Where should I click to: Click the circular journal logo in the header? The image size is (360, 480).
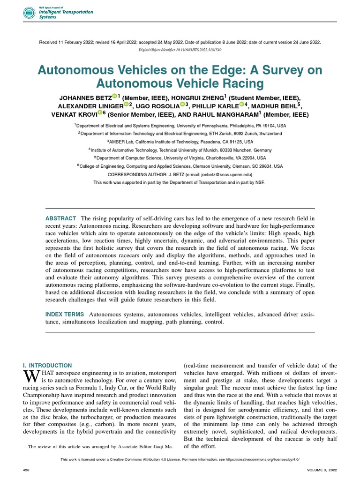(29, 13)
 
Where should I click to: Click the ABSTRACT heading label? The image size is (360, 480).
(60, 218)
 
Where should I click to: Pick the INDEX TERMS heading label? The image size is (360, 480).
(65, 314)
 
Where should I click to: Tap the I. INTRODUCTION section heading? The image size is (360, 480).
(47, 365)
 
